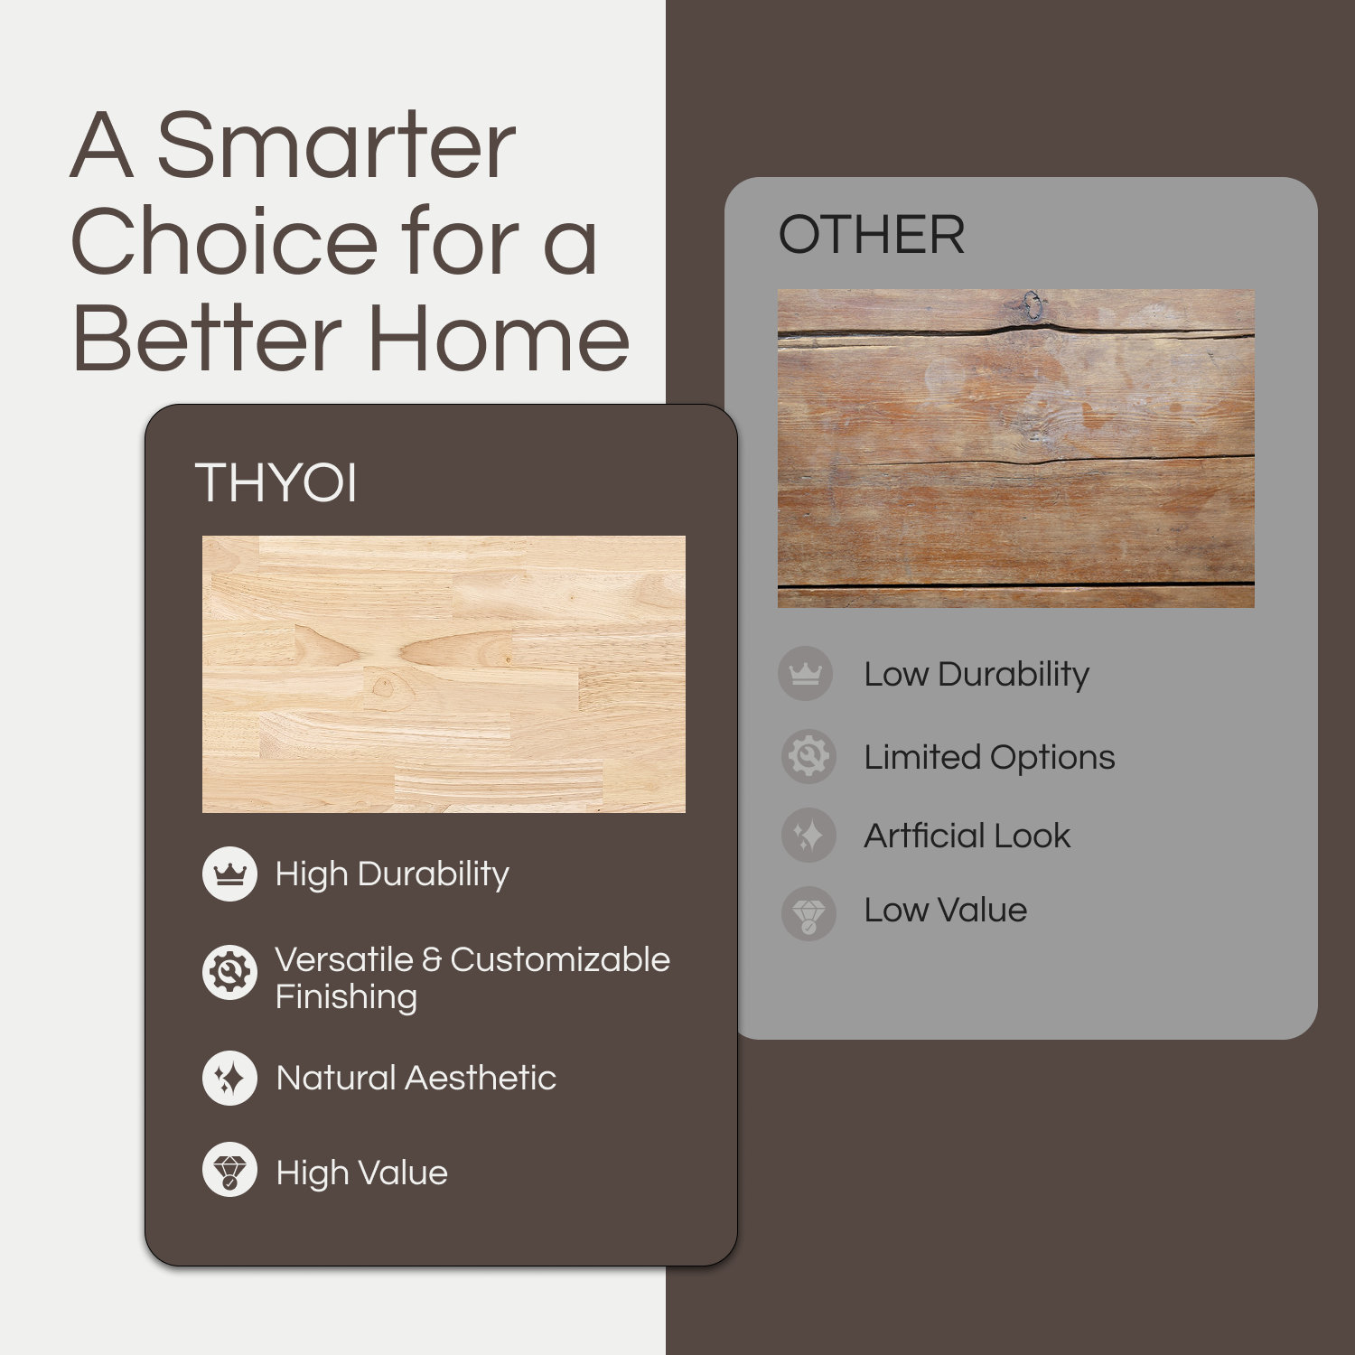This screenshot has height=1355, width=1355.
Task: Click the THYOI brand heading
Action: coord(276,482)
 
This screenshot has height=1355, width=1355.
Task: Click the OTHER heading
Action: coord(872,235)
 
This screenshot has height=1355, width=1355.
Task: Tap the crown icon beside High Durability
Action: coord(229,874)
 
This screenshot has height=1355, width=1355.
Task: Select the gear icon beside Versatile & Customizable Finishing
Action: coord(229,973)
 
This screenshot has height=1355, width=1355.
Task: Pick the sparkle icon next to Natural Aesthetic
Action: coord(229,1078)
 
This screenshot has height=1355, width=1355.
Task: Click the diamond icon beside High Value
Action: coord(229,1170)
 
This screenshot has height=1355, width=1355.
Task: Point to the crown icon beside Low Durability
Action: coord(805,673)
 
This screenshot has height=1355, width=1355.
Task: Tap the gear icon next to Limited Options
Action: coord(808,756)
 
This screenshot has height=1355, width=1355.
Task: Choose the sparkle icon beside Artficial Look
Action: coord(808,835)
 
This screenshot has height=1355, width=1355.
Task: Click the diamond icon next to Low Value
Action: coord(808,913)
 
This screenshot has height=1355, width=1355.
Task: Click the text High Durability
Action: coord(392,874)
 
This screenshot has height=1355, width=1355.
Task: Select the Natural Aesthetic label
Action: coord(416,1078)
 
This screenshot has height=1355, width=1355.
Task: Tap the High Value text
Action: coord(361,1173)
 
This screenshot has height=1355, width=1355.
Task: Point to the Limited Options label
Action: coord(989,757)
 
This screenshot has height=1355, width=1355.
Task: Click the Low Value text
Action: coord(945,911)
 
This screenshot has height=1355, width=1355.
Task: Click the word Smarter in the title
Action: coord(336,146)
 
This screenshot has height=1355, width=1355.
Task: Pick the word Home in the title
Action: coord(499,340)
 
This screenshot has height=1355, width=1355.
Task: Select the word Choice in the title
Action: coord(224,242)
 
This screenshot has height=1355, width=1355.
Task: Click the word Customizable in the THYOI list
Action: coord(560,959)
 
